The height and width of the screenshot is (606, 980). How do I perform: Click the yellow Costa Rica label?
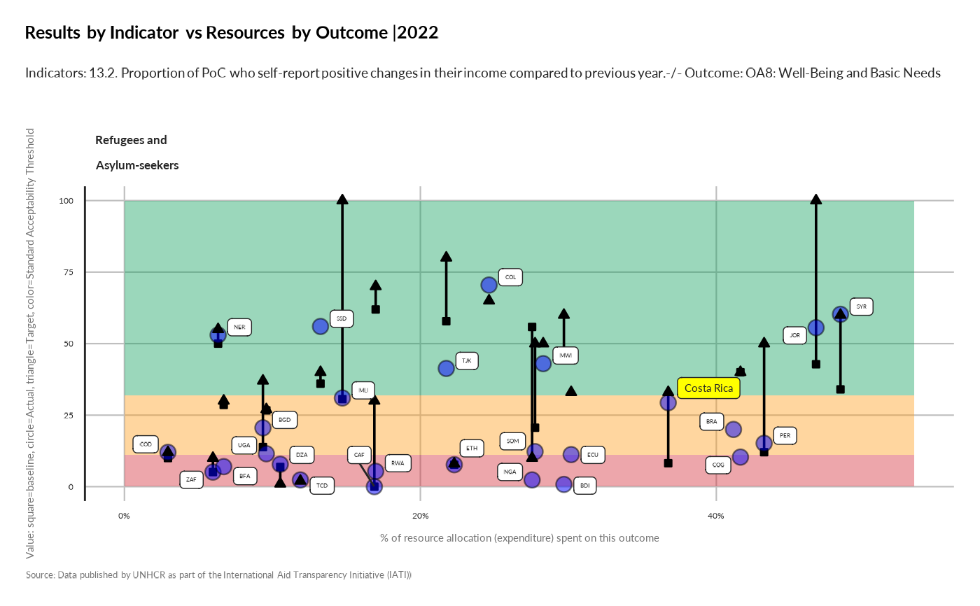tap(708, 388)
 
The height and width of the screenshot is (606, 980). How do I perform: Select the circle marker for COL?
tap(489, 285)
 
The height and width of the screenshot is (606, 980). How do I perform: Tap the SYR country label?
tap(861, 306)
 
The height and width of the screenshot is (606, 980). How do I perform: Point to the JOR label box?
tap(794, 335)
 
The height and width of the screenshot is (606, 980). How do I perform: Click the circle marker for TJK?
tap(446, 368)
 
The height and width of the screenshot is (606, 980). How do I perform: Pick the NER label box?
tap(239, 327)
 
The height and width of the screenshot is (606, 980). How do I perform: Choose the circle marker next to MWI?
tap(543, 363)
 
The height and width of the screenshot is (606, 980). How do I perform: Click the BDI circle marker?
tap(563, 484)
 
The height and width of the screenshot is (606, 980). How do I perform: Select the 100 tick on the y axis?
tap(65, 201)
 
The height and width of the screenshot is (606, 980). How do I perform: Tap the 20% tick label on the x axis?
tap(420, 516)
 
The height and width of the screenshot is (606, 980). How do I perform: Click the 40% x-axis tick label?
tap(715, 516)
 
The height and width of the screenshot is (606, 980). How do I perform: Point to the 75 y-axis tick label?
tap(68, 272)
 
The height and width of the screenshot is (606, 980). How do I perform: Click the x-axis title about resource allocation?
tap(519, 538)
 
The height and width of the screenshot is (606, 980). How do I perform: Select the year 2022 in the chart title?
tap(418, 32)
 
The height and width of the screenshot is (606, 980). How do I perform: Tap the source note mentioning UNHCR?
tap(218, 575)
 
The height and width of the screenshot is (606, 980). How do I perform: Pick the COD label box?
tap(146, 444)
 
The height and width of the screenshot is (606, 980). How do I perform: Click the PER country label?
tap(785, 435)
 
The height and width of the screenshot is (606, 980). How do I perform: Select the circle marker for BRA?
tap(733, 429)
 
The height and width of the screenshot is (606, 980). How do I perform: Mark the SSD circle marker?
tap(321, 326)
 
